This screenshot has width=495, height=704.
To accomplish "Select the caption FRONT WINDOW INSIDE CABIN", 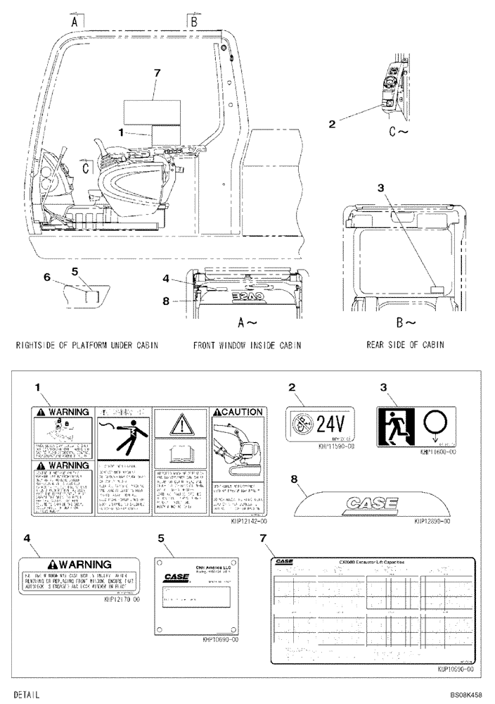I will tap(247, 346).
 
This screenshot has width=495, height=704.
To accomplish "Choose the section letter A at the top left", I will tap(73, 22).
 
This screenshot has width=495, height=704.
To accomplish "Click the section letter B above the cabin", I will tap(193, 22).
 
